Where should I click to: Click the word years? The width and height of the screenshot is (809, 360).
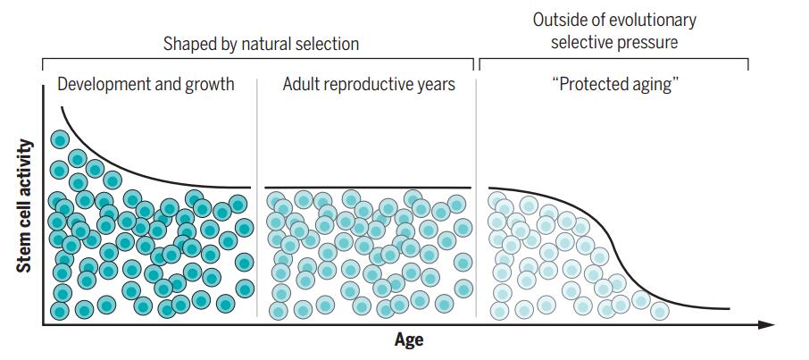tap(437, 85)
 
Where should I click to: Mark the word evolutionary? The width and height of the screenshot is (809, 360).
tap(654, 20)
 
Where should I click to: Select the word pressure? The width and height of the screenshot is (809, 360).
tap(648, 42)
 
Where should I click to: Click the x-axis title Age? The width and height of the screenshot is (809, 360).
tap(409, 339)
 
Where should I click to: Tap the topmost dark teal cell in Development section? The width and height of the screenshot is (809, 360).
tap(60, 138)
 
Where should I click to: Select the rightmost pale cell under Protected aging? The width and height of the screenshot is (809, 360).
tap(660, 310)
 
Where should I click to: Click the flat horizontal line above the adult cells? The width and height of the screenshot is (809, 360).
tap(368, 188)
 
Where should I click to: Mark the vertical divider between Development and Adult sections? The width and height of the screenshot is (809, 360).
tap(257, 197)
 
